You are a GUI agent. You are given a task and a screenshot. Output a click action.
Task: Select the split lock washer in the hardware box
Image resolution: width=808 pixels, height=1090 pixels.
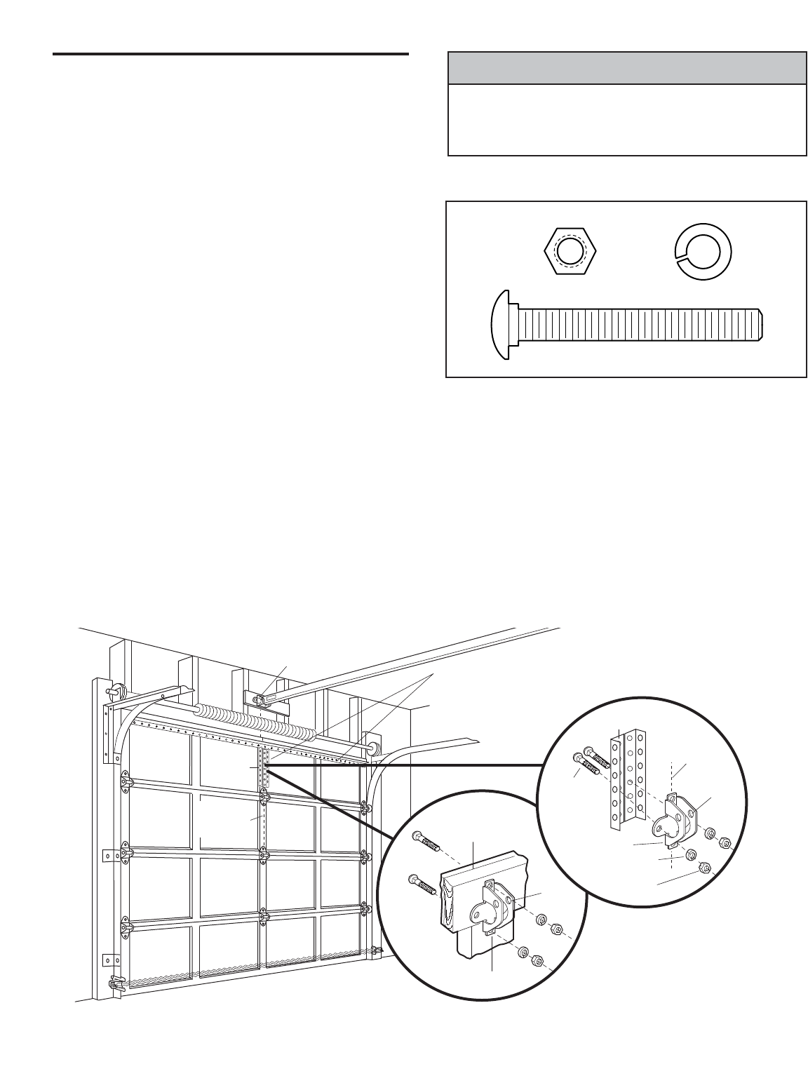coord(702,251)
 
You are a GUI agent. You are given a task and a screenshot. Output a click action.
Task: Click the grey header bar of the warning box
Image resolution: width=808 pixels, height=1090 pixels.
coord(626,68)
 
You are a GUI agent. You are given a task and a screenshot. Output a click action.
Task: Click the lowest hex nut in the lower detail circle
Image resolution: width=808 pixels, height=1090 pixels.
coord(534,957)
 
